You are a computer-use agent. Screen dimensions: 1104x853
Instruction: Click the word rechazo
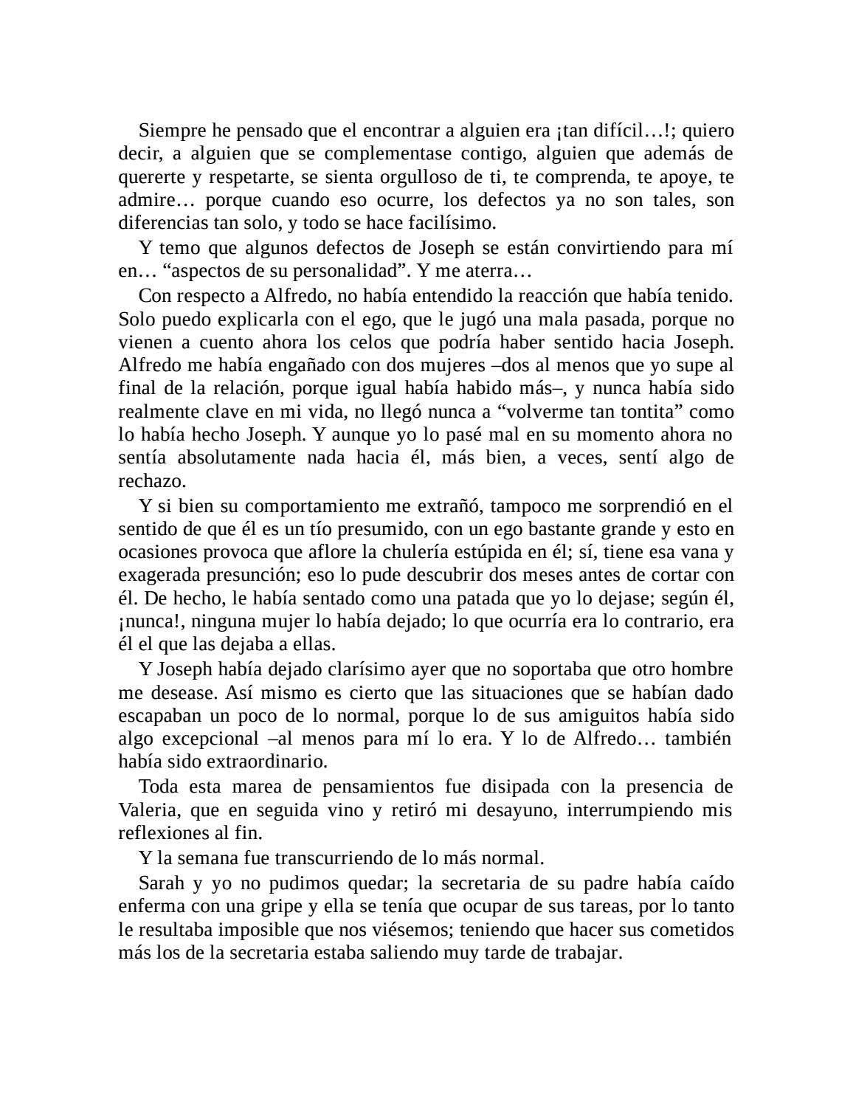151,480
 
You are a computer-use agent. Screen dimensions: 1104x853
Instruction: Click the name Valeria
148,810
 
